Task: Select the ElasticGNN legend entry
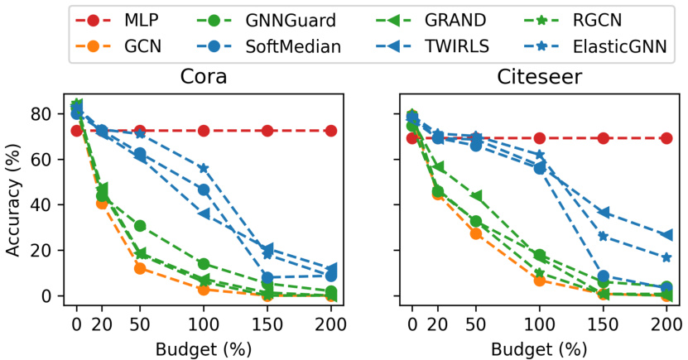(609, 46)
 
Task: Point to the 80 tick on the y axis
(51, 113)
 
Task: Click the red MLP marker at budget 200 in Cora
(331, 131)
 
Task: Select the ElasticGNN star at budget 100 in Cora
(204, 168)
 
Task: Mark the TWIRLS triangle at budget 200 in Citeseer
(666, 235)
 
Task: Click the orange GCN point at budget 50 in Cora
(140, 268)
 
